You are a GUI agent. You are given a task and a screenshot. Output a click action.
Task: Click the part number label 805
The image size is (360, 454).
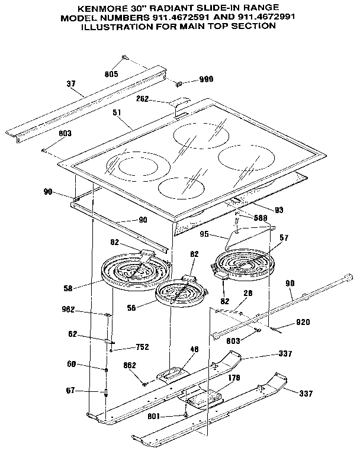click(x=111, y=74)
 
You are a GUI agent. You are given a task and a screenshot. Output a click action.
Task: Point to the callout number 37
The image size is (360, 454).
click(x=71, y=84)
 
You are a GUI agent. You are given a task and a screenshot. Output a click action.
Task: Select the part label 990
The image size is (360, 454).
click(x=205, y=79)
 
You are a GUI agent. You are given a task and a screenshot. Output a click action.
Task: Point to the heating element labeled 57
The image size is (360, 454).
click(x=243, y=263)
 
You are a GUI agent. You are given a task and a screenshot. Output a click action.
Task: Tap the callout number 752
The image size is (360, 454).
click(x=142, y=347)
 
